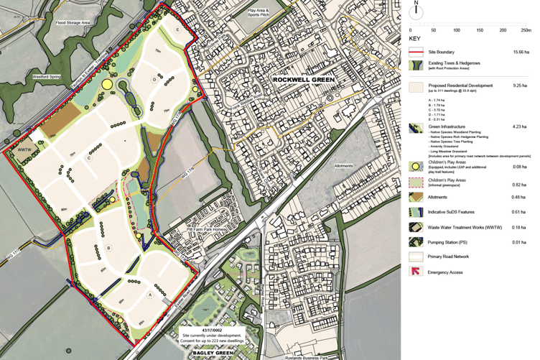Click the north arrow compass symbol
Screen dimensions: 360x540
click(x=416, y=11)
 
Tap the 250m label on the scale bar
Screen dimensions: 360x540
click(x=526, y=30)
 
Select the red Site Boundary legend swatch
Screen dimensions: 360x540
click(x=416, y=52)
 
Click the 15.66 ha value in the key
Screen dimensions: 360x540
click(x=522, y=52)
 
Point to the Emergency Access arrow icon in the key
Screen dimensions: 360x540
click(x=416, y=272)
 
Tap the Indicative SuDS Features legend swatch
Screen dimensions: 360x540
click(x=416, y=213)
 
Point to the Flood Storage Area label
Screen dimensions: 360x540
click(x=74, y=23)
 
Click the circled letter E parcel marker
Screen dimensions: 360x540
click(x=178, y=29)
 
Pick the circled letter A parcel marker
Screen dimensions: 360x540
click(x=150, y=295)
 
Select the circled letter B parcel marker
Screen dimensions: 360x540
click(x=108, y=248)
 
